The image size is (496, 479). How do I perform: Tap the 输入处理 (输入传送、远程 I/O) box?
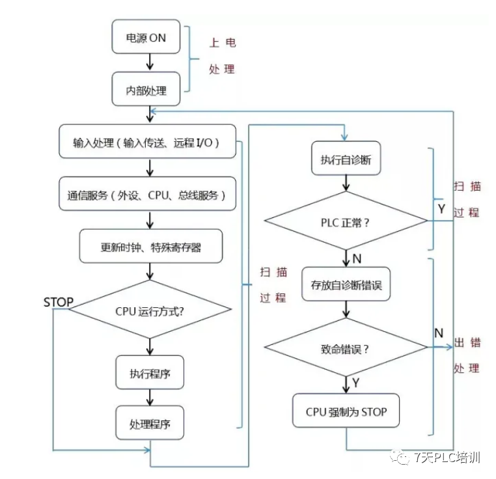click(x=146, y=141)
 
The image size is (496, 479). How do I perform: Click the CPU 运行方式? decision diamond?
click(x=151, y=310)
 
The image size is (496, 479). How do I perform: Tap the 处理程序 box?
click(x=150, y=424)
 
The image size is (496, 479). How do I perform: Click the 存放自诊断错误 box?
click(x=346, y=284)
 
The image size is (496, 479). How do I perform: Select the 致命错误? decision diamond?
click(x=346, y=348)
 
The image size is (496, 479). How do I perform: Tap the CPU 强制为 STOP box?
click(x=346, y=411)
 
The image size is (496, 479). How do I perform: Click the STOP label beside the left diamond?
click(x=58, y=303)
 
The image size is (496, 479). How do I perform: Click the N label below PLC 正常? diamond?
click(x=357, y=259)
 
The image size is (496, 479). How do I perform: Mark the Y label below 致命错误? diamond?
click(x=356, y=383)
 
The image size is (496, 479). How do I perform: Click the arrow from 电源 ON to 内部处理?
click(x=150, y=62)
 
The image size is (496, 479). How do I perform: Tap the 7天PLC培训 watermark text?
click(x=447, y=458)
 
